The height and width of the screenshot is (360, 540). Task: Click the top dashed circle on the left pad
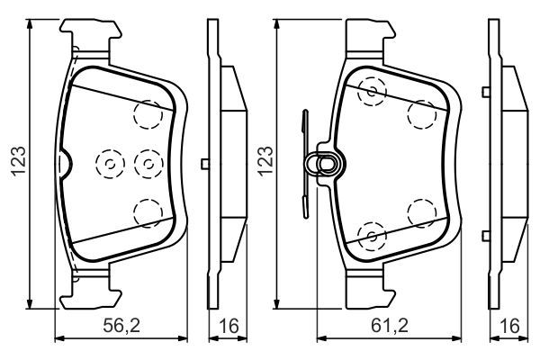pyautogui.click(x=147, y=113)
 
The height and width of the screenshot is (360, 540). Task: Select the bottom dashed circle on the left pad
pyautogui.click(x=147, y=212)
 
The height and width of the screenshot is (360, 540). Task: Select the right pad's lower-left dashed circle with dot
pyautogui.click(x=371, y=235)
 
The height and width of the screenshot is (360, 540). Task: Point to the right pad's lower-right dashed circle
pyautogui.click(x=420, y=213)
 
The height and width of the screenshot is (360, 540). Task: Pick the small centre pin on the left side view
pyautogui.click(x=207, y=163)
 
